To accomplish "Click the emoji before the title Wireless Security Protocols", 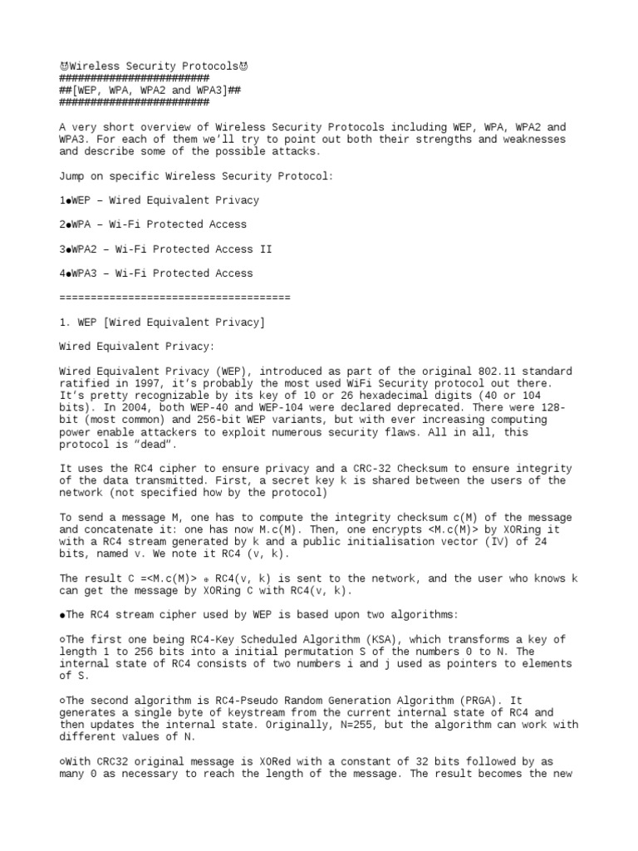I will (x=64, y=66).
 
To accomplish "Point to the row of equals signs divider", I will (x=175, y=298).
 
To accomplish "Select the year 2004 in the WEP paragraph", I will (x=121, y=408).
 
